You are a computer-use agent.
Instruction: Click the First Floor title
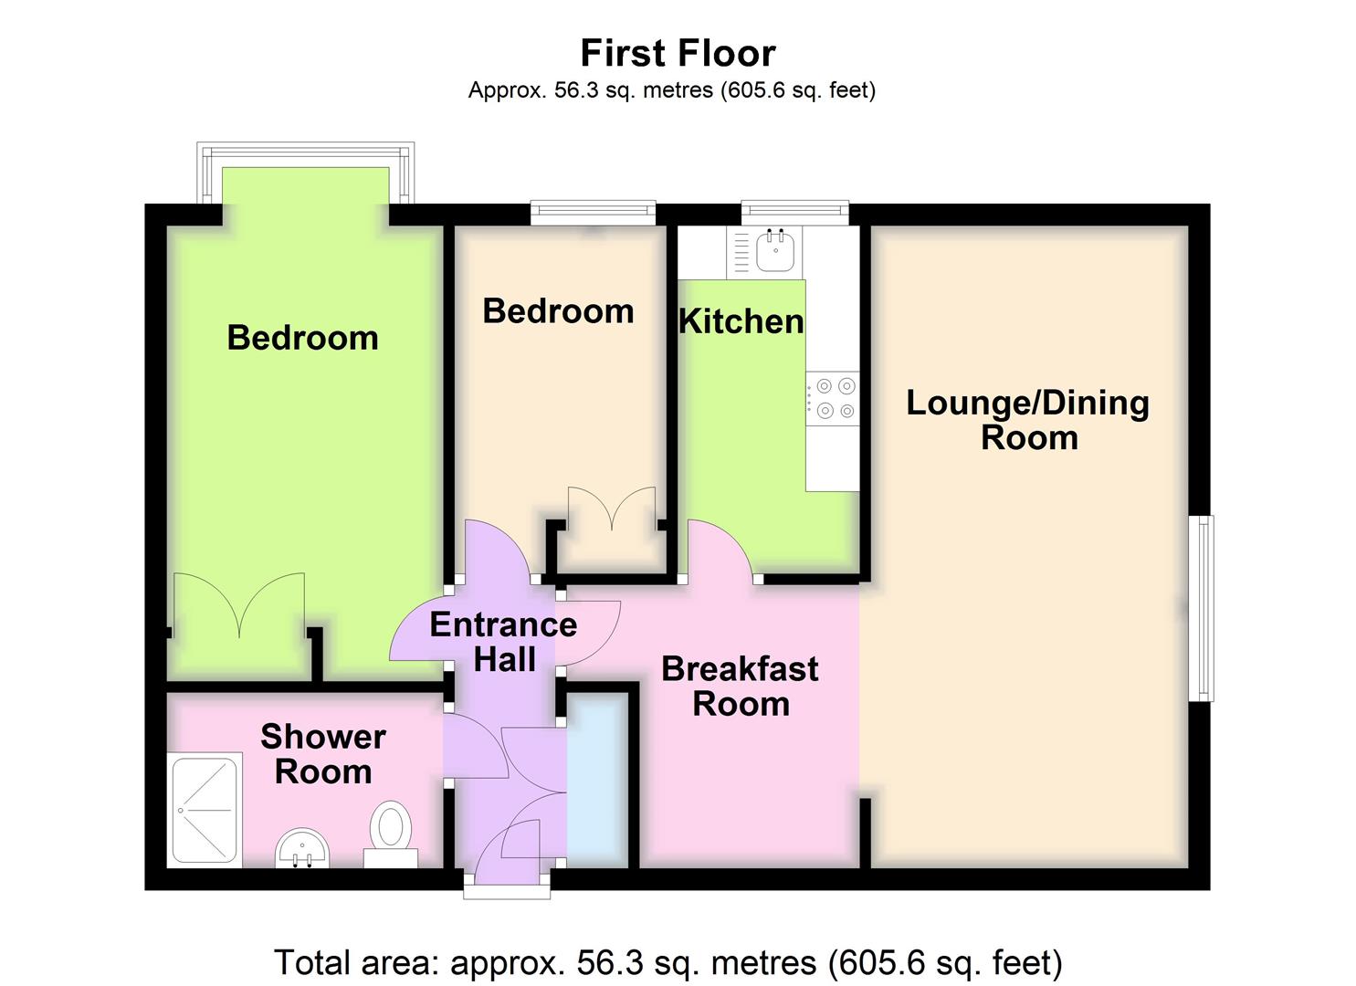(x=678, y=53)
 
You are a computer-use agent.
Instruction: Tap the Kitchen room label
(x=741, y=321)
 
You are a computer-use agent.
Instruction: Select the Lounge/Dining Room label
(x=1027, y=420)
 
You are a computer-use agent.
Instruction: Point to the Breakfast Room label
(x=740, y=687)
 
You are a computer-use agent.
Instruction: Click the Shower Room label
(x=323, y=754)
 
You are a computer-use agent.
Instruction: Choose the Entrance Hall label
(x=503, y=642)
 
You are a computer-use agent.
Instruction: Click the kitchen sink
(x=774, y=249)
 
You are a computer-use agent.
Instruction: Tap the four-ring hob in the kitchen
(x=833, y=399)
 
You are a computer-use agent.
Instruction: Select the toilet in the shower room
(x=391, y=829)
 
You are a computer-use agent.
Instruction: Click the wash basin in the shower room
(x=302, y=848)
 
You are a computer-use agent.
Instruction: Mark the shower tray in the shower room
(x=205, y=810)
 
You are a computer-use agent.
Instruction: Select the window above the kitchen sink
(x=794, y=212)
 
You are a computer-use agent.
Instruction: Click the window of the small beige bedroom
(x=593, y=212)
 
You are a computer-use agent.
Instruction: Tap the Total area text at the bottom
(x=668, y=962)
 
